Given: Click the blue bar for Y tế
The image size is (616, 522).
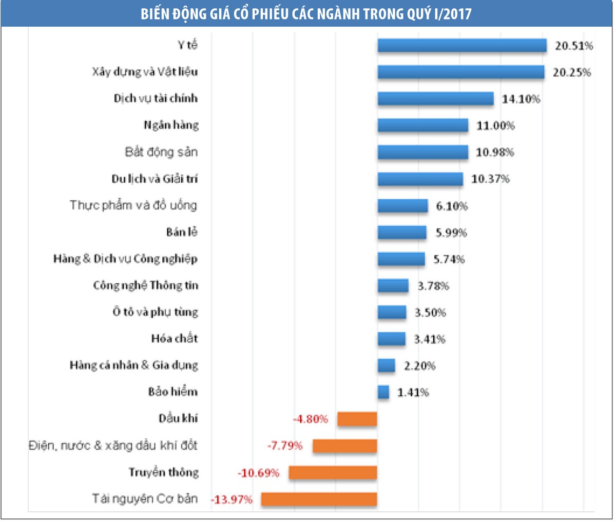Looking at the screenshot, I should (461, 46).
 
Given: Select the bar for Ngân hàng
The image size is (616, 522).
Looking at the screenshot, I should (422, 125).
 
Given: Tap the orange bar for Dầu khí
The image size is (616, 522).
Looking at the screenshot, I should (357, 419).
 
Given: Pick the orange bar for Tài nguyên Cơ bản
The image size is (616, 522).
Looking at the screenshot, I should (319, 499).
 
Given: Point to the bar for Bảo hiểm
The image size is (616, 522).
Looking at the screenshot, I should (383, 392).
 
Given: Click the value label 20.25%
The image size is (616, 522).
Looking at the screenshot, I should (571, 72).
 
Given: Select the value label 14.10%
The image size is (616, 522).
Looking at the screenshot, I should (521, 99).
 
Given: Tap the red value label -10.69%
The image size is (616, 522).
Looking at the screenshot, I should (258, 473).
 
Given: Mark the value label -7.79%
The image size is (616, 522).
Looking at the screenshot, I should (285, 446).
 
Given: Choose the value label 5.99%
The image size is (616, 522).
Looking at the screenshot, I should (451, 233).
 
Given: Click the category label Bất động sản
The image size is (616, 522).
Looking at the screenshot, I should (161, 152).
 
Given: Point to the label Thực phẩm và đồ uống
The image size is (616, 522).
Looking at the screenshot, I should (133, 205).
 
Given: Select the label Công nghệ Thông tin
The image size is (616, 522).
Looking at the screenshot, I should (146, 285).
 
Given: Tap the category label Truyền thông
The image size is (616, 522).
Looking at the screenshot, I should (163, 472).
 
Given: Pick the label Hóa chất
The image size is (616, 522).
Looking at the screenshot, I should (175, 339).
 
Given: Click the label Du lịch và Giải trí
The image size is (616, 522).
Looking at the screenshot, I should (155, 179).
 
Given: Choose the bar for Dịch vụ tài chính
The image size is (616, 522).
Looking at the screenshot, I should (435, 99).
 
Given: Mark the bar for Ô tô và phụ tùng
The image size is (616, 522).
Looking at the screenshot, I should (392, 312).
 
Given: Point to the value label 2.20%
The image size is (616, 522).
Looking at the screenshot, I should (419, 366).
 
